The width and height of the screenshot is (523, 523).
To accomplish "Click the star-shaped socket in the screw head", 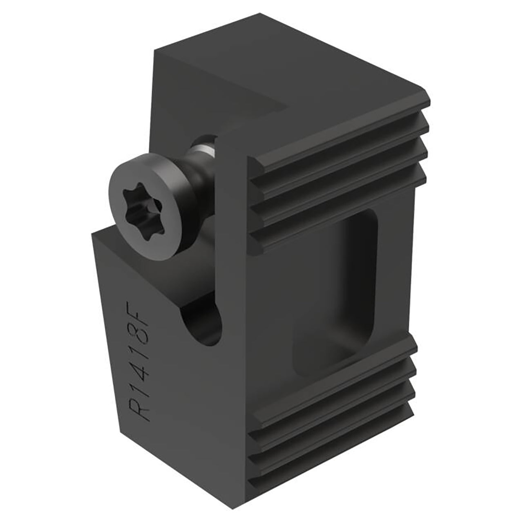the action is tap(143, 210).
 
